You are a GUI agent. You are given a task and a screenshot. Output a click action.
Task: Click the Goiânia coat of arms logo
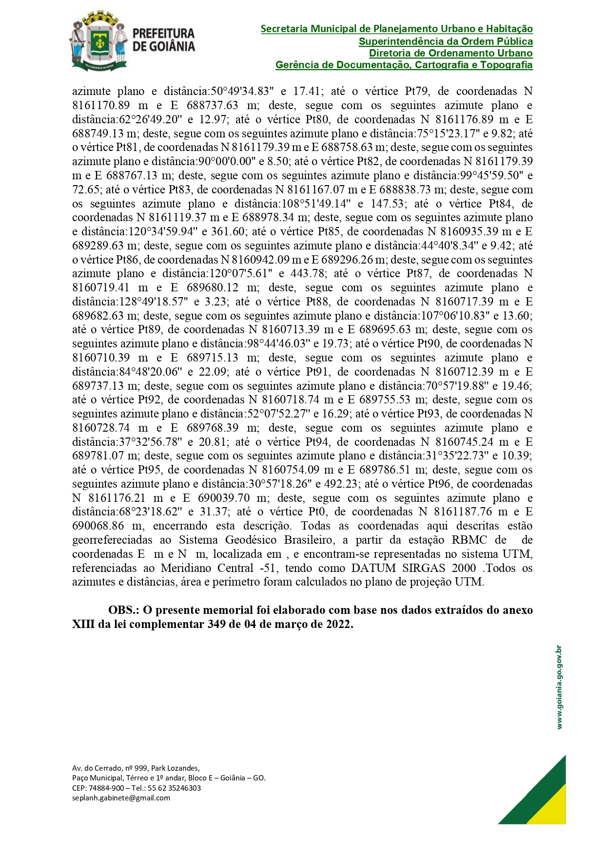pyautogui.click(x=99, y=41)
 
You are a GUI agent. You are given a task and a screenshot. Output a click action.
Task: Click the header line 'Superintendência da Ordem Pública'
pyautogui.click(x=446, y=41)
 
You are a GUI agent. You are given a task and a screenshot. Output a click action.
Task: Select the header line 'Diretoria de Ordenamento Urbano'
pyautogui.click(x=450, y=53)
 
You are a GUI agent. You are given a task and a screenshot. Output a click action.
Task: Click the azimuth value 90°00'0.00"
pyautogui.click(x=226, y=162)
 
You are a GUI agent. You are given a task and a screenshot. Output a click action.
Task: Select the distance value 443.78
pyautogui.click(x=307, y=274)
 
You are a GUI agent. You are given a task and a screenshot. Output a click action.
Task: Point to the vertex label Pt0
pyautogui.click(x=319, y=512)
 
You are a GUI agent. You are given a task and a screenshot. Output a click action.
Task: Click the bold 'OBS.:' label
pyautogui.click(x=124, y=610)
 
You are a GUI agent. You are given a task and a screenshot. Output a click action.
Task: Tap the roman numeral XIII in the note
pyautogui.click(x=83, y=625)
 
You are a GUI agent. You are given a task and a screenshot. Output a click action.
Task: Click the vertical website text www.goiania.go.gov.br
pyautogui.click(x=559, y=687)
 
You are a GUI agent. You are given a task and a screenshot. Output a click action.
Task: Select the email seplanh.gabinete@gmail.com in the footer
pyautogui.click(x=121, y=798)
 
